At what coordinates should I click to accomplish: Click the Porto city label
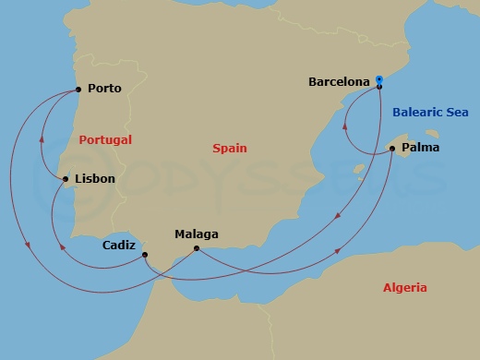pos(104,90)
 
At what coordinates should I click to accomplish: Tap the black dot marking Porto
pos(78,90)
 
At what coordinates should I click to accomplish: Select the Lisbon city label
pos(95,179)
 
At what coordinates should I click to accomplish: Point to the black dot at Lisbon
pos(65,179)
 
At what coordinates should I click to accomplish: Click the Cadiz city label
pos(120,246)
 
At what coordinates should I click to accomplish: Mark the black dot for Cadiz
pos(146,256)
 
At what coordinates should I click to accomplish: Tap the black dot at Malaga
pos(196,248)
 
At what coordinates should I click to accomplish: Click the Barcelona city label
pos(340,81)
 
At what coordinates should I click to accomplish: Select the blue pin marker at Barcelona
pos(379,81)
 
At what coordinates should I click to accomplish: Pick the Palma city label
pos(421,147)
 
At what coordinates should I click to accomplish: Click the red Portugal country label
pos(104,139)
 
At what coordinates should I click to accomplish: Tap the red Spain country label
pos(229,147)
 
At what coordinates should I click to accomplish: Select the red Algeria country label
pos(404,288)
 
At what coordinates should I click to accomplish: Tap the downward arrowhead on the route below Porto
pos(27,245)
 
